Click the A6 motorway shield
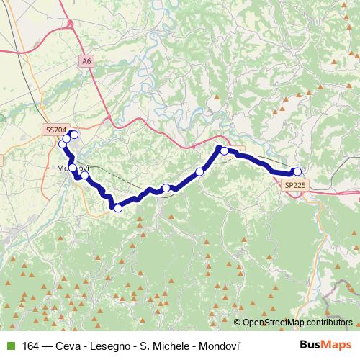click(x=87, y=62)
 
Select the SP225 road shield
click(x=294, y=185)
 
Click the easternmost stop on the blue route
click(x=297, y=171)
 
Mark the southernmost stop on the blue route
click(x=117, y=208)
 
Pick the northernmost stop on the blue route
click(x=73, y=135)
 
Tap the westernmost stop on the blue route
click(x=63, y=145)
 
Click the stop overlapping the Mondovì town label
click(x=72, y=168)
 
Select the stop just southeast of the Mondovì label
click(x=85, y=175)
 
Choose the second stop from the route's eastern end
click(x=225, y=150)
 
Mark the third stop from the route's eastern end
click(x=199, y=171)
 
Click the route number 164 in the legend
click(x=30, y=345)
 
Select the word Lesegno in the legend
click(x=104, y=345)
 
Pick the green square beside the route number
click(x=11, y=345)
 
